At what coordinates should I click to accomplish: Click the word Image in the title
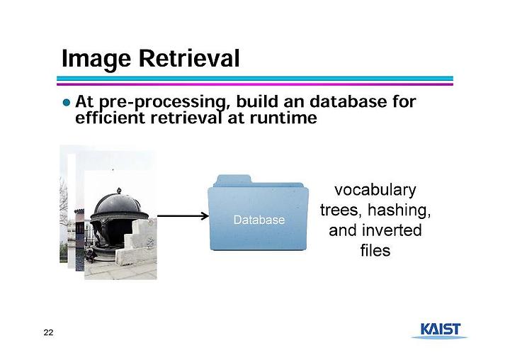pyautogui.click(x=96, y=59)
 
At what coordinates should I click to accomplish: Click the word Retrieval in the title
pyautogui.click(x=189, y=58)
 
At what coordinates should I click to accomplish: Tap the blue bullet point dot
pyautogui.click(x=67, y=103)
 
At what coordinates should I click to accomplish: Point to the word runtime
pyautogui.click(x=283, y=118)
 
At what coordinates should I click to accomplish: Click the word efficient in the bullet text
pyautogui.click(x=110, y=118)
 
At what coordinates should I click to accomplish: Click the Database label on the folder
pyautogui.click(x=259, y=220)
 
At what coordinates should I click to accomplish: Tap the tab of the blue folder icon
pyautogui.click(x=234, y=179)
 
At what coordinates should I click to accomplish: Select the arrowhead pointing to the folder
pyautogui.click(x=205, y=215)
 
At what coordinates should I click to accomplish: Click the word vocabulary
pyautogui.click(x=375, y=191)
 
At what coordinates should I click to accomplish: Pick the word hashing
pyautogui.click(x=399, y=210)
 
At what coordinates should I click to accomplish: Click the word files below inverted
pyautogui.click(x=375, y=250)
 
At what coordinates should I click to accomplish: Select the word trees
pyautogui.click(x=341, y=210)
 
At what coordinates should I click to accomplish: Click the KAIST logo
pyautogui.click(x=441, y=330)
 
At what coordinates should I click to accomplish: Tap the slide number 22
pyautogui.click(x=48, y=332)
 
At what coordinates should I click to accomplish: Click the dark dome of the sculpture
pyautogui.click(x=118, y=203)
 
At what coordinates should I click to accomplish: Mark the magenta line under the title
pyautogui.click(x=255, y=84)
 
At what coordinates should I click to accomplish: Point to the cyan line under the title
pyautogui.click(x=255, y=79)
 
